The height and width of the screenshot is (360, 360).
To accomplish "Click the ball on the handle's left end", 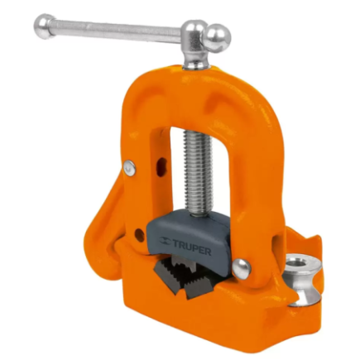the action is pos(44,26).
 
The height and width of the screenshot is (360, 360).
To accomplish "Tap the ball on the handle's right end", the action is pos(218,38).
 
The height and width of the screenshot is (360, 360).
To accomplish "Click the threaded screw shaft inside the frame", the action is pos(198,173).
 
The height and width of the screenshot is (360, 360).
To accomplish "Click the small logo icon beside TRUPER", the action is pos(165,241).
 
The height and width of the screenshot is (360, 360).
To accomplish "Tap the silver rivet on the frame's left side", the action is pos(130,168).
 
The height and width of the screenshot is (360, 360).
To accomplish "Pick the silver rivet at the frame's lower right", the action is pos(242,269).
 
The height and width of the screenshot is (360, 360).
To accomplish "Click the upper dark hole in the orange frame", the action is pos(161,166).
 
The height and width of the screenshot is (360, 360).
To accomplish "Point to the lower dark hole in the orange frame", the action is pos(140,235).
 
